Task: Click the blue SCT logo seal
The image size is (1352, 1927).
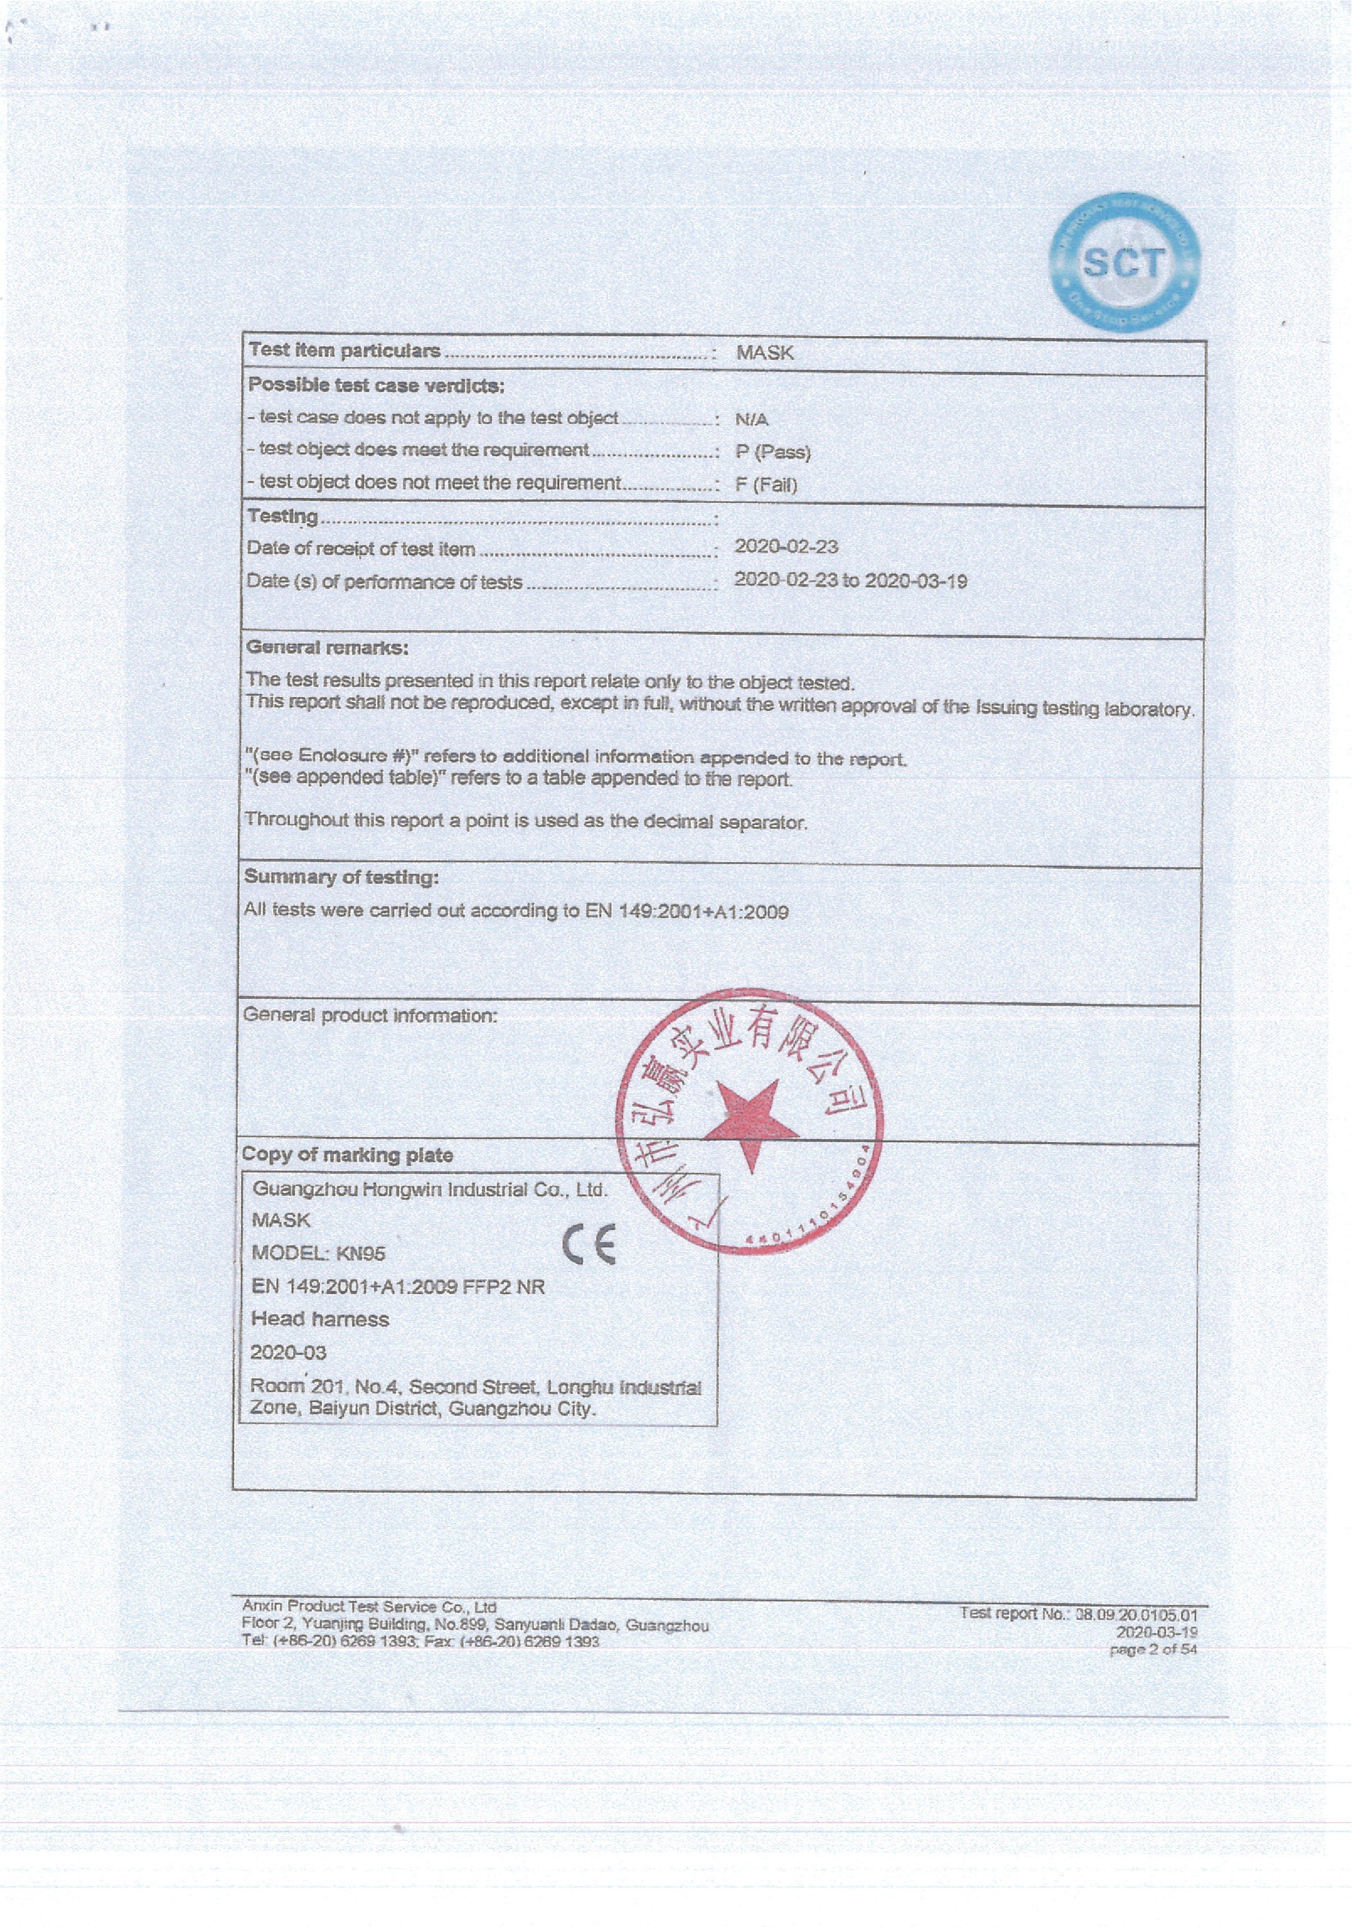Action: point(1125,263)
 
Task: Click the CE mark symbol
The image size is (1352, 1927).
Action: point(589,1244)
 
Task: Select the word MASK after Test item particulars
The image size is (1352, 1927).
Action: point(764,352)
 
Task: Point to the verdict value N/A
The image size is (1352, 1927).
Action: point(751,419)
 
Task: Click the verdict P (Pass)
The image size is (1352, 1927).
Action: point(773,452)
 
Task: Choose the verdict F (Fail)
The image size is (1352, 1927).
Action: point(766,484)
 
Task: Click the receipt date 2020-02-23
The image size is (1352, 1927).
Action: point(786,547)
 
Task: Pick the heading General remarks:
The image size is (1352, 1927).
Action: point(327,647)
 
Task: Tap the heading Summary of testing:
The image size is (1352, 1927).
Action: point(341,877)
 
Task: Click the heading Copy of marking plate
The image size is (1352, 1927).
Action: point(347,1155)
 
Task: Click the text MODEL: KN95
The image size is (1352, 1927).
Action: point(318,1253)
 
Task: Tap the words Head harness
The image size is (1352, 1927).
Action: point(320,1319)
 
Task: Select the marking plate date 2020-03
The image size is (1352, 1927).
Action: point(288,1352)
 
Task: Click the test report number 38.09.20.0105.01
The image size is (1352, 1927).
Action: point(1136,1614)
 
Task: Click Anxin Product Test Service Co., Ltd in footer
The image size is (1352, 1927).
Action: point(369,1607)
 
